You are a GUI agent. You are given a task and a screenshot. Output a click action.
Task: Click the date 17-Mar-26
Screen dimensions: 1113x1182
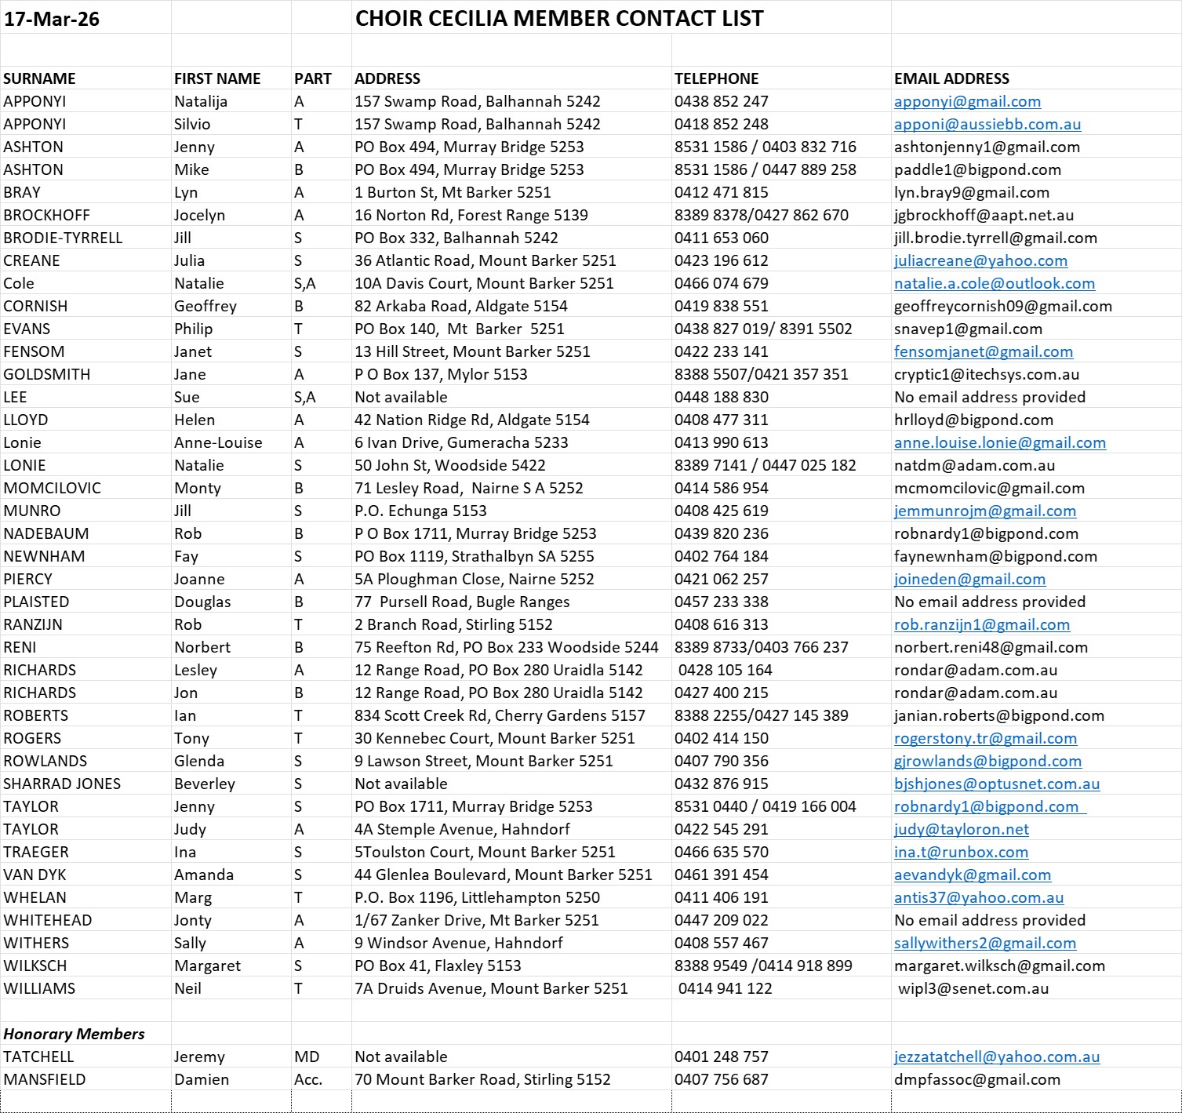click(x=52, y=19)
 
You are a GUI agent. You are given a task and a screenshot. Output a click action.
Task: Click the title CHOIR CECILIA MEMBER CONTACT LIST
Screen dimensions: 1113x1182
click(x=559, y=19)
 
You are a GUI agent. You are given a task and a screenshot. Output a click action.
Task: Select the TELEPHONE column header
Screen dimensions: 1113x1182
click(x=716, y=78)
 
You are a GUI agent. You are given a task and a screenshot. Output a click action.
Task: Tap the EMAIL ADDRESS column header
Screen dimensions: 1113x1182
click(x=951, y=78)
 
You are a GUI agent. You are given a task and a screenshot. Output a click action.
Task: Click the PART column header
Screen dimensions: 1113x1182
click(x=312, y=78)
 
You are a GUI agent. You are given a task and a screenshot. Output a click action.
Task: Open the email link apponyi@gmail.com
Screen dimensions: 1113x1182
click(x=967, y=101)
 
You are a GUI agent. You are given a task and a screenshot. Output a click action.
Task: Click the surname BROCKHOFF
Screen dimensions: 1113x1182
click(x=46, y=215)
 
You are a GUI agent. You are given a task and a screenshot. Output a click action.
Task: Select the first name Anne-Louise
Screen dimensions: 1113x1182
click(x=218, y=442)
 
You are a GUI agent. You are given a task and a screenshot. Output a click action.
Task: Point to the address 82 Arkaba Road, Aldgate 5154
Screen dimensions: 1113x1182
click(x=460, y=306)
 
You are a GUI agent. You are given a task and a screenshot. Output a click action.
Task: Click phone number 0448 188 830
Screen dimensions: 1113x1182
click(x=721, y=397)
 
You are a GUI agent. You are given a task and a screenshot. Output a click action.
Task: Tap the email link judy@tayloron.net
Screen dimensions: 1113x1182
click(x=961, y=829)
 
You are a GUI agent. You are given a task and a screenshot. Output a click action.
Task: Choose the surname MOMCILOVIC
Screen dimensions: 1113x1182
click(x=52, y=488)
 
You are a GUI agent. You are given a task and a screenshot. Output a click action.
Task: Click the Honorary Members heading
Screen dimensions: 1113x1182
click(x=74, y=1034)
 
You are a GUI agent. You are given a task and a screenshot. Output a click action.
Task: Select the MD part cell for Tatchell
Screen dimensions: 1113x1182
click(x=307, y=1057)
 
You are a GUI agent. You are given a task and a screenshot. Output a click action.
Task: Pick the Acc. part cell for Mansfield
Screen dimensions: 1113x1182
click(x=308, y=1079)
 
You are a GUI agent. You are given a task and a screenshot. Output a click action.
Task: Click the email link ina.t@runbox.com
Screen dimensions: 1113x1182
click(x=961, y=852)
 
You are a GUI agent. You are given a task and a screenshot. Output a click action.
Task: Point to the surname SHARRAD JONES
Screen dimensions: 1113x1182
click(x=62, y=784)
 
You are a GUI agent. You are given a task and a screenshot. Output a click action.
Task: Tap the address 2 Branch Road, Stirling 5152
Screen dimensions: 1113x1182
click(x=453, y=624)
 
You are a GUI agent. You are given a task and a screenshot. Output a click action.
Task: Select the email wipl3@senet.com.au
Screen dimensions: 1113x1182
click(x=973, y=988)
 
